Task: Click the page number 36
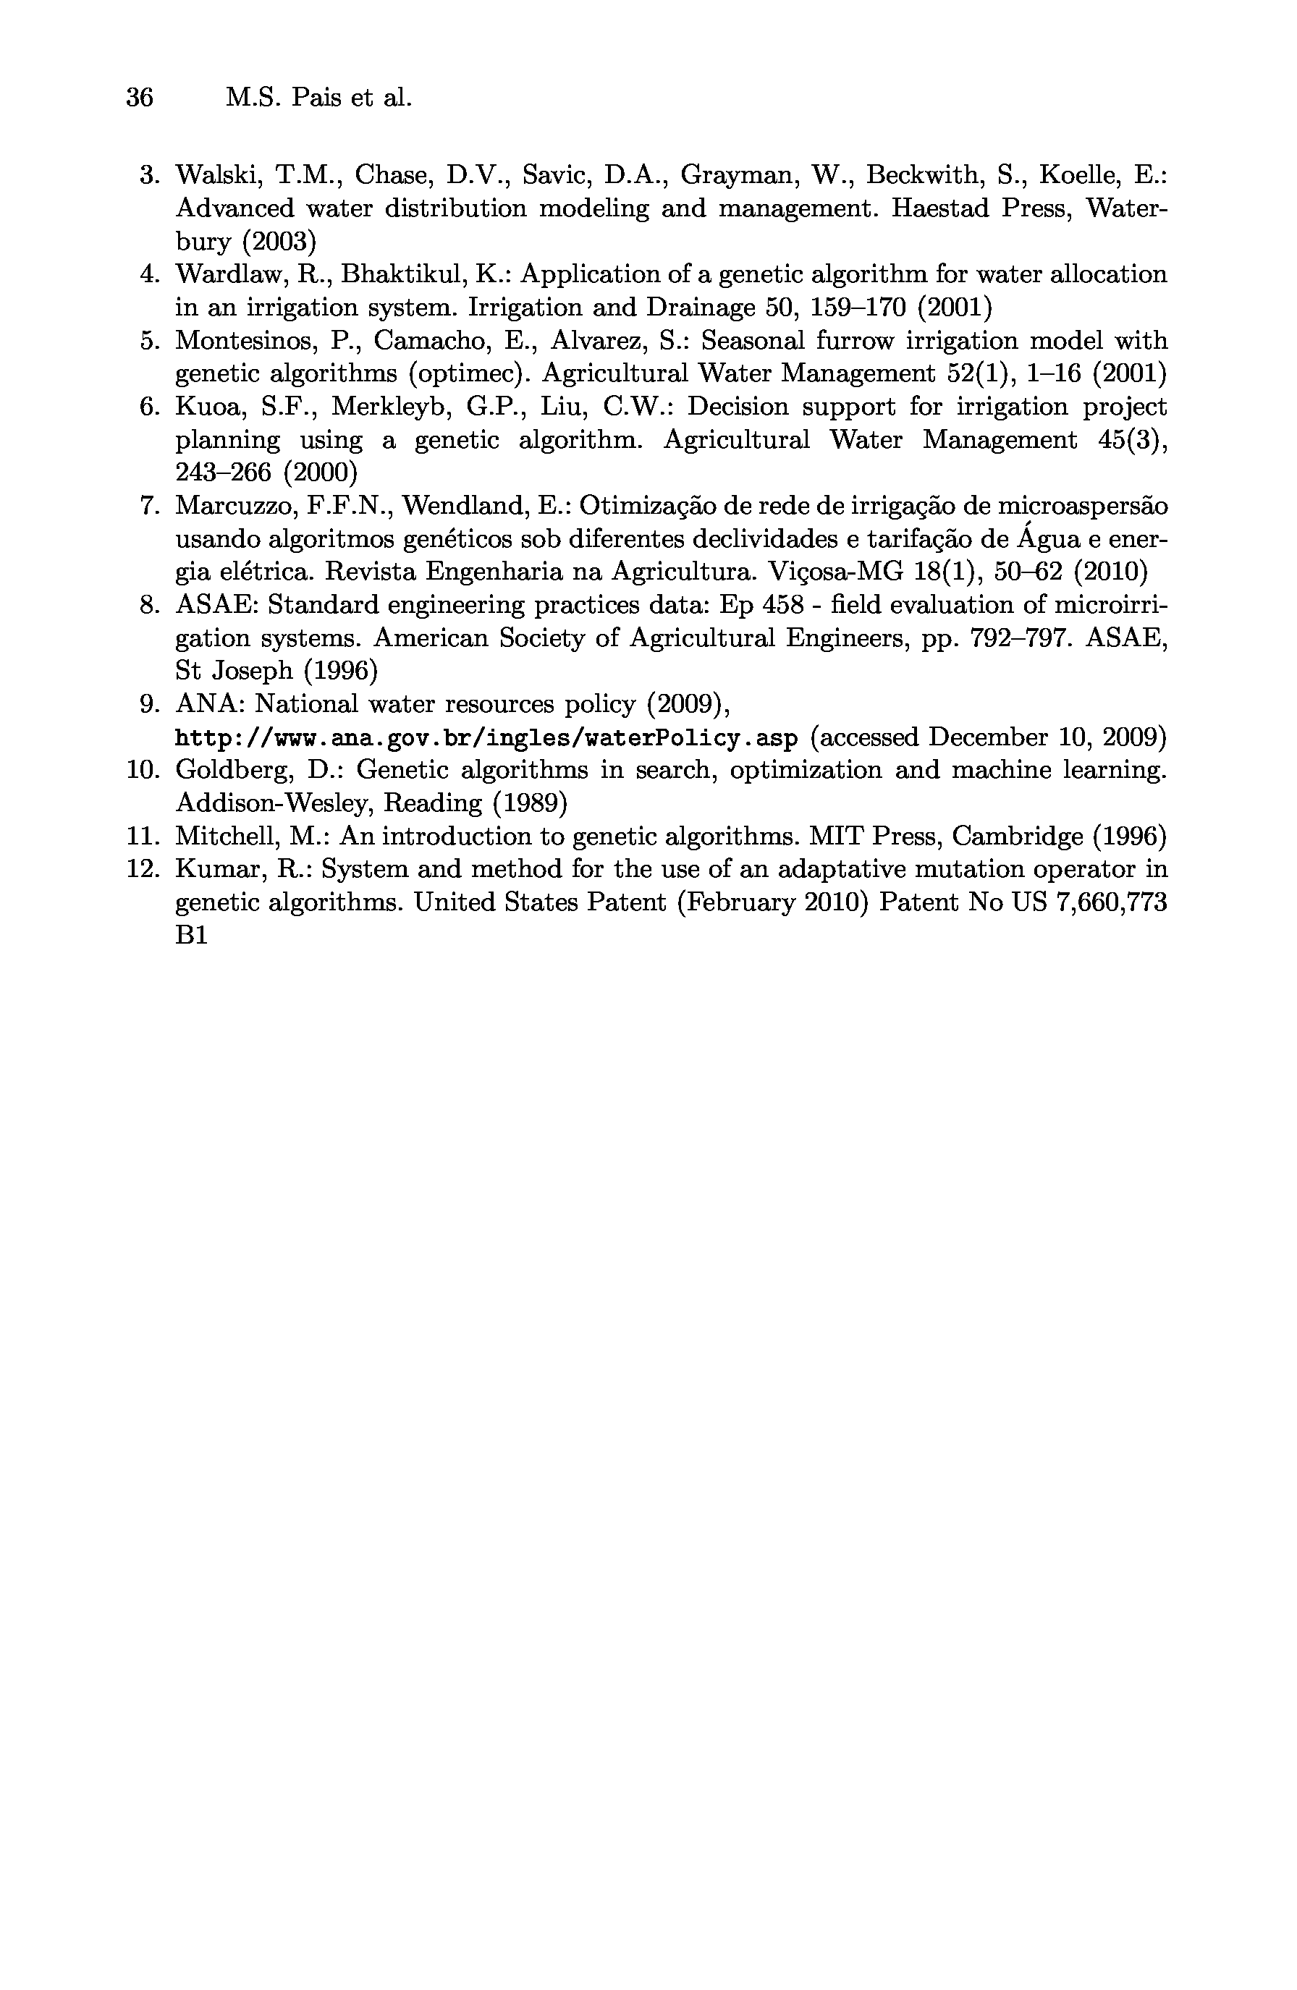(140, 98)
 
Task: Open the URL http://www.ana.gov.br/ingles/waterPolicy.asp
(486, 738)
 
